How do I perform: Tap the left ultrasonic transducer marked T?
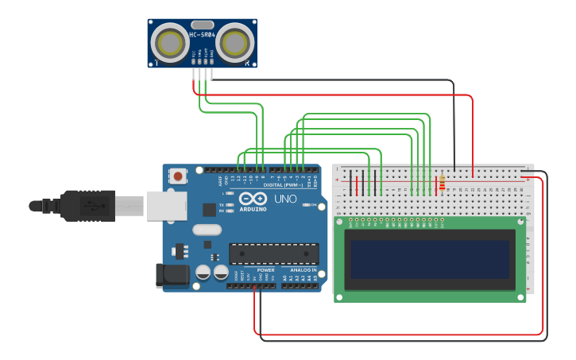point(169,43)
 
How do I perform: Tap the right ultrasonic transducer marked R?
point(235,43)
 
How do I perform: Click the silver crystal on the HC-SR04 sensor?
point(202,25)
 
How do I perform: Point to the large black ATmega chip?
point(273,254)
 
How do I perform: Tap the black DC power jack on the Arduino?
point(172,275)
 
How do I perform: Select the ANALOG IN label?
point(302,270)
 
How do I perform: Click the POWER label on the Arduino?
point(265,270)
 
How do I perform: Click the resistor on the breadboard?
point(442,184)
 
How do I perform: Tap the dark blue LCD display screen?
point(430,259)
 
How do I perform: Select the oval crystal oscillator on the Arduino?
point(205,231)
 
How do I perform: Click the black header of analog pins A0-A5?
point(300,285)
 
